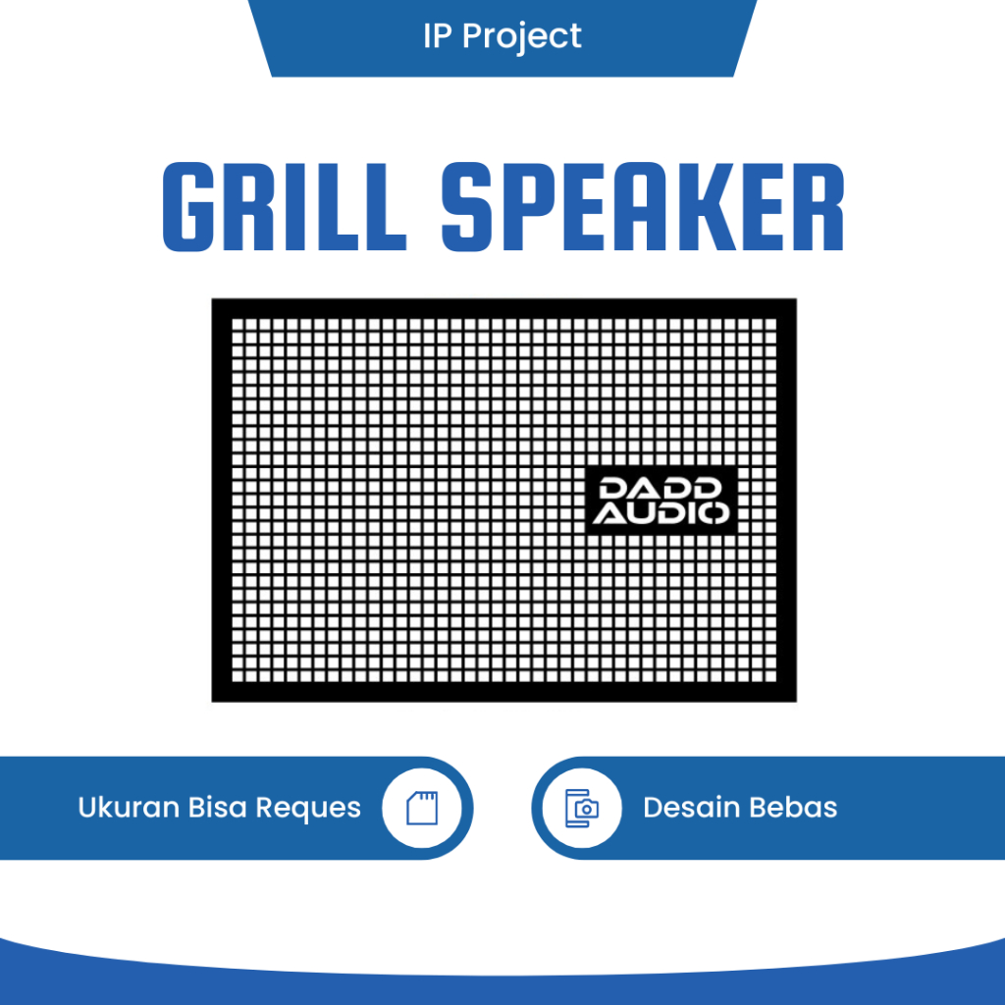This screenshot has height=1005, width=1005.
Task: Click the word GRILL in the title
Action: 284,207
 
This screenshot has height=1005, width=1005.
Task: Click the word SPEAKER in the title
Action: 642,207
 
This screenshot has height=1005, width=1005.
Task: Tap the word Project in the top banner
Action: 521,36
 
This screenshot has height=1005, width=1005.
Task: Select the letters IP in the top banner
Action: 437,36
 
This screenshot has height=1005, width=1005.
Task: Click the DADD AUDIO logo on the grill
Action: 661,500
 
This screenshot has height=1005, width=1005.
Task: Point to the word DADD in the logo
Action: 661,488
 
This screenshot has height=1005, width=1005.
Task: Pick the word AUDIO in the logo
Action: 661,512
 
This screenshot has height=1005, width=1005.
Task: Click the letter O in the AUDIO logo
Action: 715,512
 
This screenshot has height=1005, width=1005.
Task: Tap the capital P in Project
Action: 472,36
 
